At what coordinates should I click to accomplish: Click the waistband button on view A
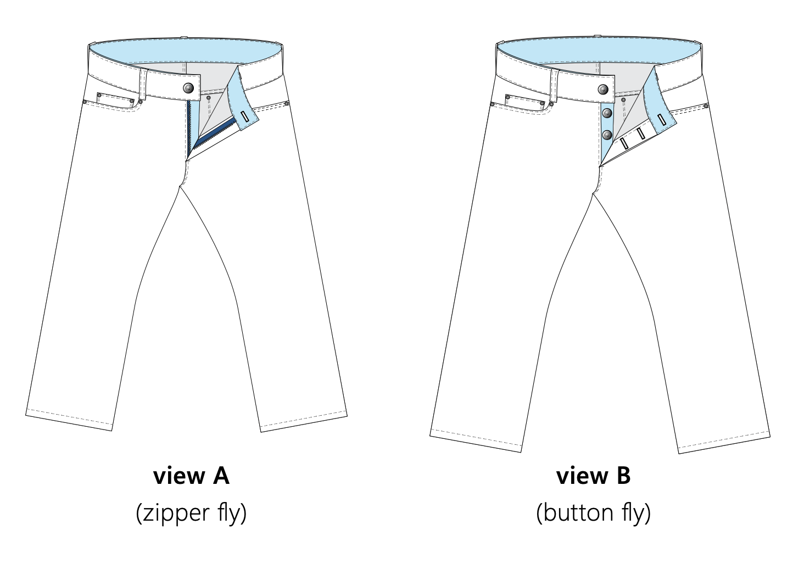(188, 88)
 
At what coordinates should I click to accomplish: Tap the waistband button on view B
(603, 90)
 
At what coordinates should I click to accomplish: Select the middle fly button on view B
(607, 113)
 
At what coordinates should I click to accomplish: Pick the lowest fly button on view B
(607, 135)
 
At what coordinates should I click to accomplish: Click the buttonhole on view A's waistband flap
(245, 116)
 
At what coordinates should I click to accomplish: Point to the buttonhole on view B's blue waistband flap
(662, 120)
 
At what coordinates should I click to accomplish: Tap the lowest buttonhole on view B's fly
(624, 143)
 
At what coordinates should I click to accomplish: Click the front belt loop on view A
(143, 85)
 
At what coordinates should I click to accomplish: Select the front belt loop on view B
(555, 86)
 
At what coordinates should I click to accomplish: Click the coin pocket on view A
(115, 99)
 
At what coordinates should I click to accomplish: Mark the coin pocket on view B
(524, 101)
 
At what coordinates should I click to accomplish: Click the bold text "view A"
(191, 476)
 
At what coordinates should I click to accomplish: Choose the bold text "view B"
(593, 476)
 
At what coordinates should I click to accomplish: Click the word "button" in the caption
(578, 512)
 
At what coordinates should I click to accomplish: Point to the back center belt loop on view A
(184, 37)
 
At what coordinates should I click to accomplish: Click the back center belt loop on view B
(598, 36)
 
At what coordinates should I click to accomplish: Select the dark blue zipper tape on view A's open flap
(214, 134)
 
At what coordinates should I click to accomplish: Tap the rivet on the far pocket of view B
(706, 106)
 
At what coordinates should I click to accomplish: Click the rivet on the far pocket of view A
(286, 104)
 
